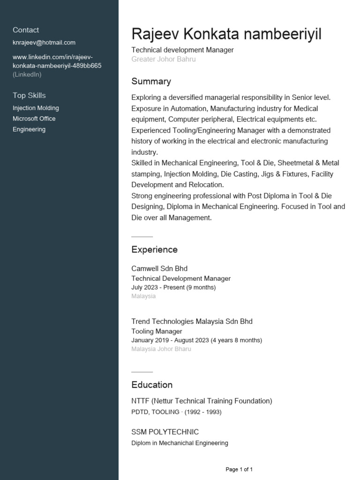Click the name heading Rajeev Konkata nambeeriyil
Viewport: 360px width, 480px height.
tap(226, 34)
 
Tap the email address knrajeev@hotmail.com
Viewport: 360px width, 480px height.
tap(44, 43)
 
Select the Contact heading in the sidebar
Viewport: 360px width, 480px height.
tap(26, 30)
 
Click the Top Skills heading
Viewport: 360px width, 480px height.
tap(29, 96)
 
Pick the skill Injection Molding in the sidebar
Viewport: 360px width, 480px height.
tap(36, 108)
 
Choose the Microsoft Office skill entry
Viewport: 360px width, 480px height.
tap(34, 119)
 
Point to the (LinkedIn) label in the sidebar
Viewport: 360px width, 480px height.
tap(27, 75)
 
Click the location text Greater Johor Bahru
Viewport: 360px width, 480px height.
tap(164, 60)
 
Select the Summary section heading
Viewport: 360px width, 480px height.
tap(151, 82)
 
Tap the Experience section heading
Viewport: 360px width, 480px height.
tap(154, 250)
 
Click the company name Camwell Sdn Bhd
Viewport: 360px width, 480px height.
tap(159, 269)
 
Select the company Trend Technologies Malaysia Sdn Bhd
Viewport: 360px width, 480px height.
tap(192, 322)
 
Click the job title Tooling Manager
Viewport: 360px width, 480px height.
tap(157, 331)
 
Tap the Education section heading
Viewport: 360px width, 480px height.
tap(152, 385)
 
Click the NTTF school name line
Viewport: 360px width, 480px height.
tap(202, 401)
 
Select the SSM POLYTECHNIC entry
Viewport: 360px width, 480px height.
tap(165, 432)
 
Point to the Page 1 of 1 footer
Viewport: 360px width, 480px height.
tap(239, 469)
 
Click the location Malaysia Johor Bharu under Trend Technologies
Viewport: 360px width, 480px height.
tap(161, 349)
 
